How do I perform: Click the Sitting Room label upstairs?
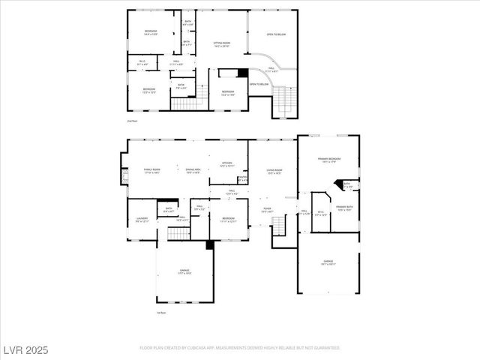[x=221, y=44]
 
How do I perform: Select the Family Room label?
[x=153, y=172]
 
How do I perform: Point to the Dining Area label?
[x=193, y=172]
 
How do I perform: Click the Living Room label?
[x=274, y=172]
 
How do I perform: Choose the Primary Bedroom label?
[x=328, y=160]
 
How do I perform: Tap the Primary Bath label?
[x=345, y=208]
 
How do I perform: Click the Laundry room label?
[x=142, y=220]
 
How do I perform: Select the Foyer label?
[x=266, y=211]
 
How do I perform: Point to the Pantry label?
[x=242, y=178]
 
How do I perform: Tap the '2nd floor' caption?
[x=132, y=120]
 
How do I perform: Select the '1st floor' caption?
[x=160, y=312]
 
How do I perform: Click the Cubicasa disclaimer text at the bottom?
[x=240, y=348]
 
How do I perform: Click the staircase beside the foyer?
[x=279, y=225]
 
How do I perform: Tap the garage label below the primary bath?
[x=328, y=263]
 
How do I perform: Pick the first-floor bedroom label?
[x=228, y=220]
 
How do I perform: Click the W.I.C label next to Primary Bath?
[x=320, y=213]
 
